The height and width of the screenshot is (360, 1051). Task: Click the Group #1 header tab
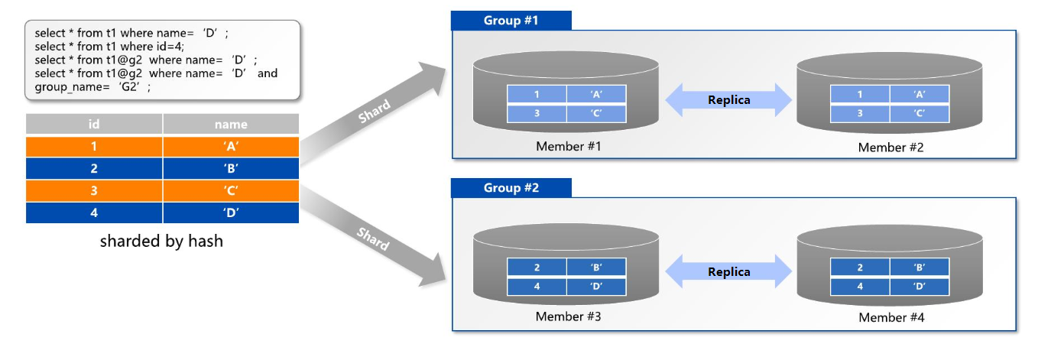click(511, 21)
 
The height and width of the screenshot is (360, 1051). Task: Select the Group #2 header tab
click(511, 188)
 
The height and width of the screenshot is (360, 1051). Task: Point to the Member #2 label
click(890, 148)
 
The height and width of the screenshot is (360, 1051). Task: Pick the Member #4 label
click(890, 318)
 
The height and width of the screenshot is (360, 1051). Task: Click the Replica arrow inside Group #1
click(728, 99)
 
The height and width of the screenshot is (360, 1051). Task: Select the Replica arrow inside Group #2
click(728, 271)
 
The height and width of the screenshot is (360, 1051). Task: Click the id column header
click(94, 124)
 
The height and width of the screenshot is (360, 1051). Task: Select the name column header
click(231, 124)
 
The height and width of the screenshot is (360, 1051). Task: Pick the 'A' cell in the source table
click(231, 146)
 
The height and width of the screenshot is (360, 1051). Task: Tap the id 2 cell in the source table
click(94, 168)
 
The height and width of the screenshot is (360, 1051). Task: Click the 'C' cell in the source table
click(231, 190)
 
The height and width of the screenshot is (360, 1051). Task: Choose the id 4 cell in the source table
click(94, 212)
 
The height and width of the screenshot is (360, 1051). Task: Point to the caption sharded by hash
click(161, 242)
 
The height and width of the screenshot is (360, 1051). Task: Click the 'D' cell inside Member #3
click(596, 286)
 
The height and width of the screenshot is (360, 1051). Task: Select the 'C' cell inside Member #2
click(920, 113)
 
